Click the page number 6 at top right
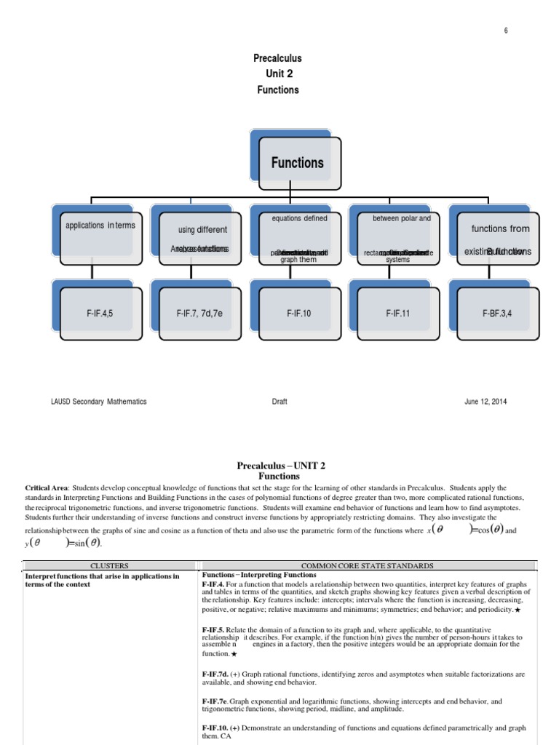coord(505,30)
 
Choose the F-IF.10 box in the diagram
coord(298,313)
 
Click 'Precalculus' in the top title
coord(277,58)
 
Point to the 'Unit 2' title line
coord(278,74)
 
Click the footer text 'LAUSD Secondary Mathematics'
coord(98,402)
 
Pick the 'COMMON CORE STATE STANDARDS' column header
coord(368,565)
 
